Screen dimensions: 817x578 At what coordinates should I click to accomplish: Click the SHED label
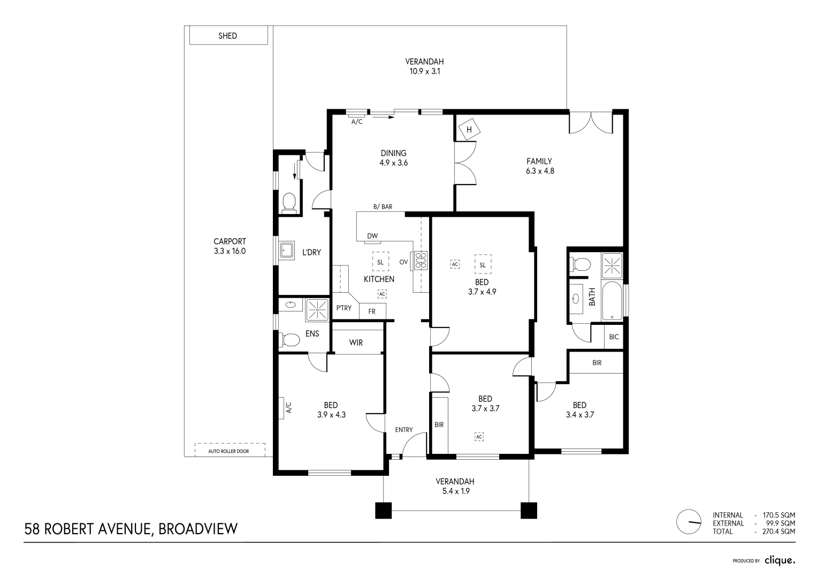pos(227,36)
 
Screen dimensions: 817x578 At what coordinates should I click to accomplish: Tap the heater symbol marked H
pos(469,129)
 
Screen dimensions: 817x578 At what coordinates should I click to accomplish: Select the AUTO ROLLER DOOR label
pos(228,451)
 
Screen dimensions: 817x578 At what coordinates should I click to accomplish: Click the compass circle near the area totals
pos(689,521)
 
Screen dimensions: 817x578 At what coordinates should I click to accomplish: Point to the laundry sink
pos(287,250)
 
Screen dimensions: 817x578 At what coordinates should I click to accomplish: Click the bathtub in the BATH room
pos(612,301)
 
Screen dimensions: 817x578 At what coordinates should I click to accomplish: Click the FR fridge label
pos(372,311)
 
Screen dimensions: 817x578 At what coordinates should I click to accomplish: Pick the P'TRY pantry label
pos(344,308)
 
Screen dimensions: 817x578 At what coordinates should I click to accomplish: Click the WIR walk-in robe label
pos(356,343)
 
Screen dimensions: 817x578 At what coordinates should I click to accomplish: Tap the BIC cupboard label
pos(614,337)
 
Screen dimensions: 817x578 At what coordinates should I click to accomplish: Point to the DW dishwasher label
pos(372,236)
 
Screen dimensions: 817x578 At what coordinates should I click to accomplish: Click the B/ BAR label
pos(383,207)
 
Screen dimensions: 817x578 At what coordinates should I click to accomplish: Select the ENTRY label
pos(404,430)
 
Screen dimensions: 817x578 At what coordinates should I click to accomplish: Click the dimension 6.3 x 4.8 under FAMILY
pos(540,171)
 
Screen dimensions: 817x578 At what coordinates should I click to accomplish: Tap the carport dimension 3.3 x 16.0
pos(230,251)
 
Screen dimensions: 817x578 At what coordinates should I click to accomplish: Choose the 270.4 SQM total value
pos(778,531)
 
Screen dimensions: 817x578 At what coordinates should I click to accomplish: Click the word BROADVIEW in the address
pos(198,529)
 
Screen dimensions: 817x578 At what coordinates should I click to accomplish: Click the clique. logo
pos(780,560)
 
